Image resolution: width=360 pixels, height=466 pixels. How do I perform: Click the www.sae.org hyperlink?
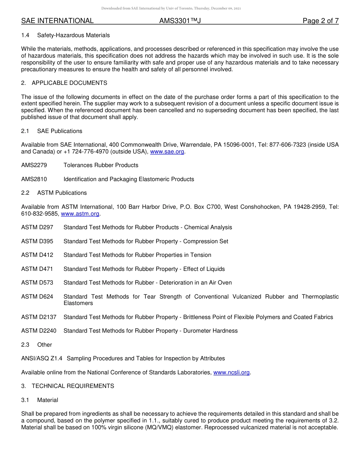pyautogui.click(x=167, y=152)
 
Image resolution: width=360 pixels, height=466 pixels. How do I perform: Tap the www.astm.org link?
pyautogui.click(x=80, y=214)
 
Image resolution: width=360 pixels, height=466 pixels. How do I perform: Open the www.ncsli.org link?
pyautogui.click(x=231, y=372)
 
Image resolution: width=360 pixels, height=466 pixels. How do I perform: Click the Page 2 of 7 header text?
pyautogui.click(x=320, y=21)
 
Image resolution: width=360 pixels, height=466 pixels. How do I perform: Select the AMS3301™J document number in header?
pyautogui.click(x=180, y=21)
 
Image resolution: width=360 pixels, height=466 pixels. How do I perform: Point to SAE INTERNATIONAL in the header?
pyautogui.click(x=57, y=21)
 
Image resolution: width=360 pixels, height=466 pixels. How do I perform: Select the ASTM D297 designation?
pyautogui.click(x=37, y=227)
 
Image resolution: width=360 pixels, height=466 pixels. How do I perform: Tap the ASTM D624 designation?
pyautogui.click(x=37, y=297)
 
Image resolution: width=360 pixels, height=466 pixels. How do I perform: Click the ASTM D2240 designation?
pyautogui.click(x=39, y=331)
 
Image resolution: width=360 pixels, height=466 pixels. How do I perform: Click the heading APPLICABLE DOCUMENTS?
pyautogui.click(x=69, y=83)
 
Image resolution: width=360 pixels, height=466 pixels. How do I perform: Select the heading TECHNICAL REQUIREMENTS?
pyautogui.click(x=73, y=386)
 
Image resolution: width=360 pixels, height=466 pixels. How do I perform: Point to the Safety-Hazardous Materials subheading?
pyautogui.click(x=74, y=35)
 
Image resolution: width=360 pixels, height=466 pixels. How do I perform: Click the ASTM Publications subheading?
pyautogui.click(x=62, y=193)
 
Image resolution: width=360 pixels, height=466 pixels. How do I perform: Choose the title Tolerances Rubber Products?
pyautogui.click(x=101, y=165)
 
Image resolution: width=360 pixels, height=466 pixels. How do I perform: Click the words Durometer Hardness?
pyautogui.click(x=210, y=331)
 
